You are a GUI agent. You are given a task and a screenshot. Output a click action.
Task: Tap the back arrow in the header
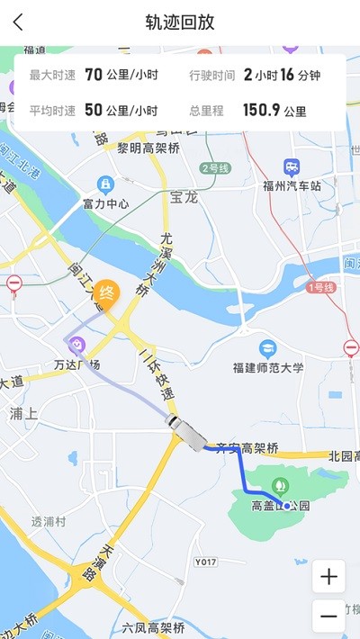click(19, 22)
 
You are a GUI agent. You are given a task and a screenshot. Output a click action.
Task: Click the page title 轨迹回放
click(180, 22)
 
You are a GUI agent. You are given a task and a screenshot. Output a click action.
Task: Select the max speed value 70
click(93, 76)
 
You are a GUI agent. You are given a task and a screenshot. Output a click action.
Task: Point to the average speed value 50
click(93, 111)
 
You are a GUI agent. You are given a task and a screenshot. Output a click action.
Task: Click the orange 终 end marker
click(106, 293)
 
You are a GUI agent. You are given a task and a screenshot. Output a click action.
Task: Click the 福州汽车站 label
click(291, 186)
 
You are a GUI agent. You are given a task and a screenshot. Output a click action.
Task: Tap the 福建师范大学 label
click(268, 367)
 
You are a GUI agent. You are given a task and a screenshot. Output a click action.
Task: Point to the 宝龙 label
click(183, 196)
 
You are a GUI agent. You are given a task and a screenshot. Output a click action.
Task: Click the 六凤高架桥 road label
click(154, 627)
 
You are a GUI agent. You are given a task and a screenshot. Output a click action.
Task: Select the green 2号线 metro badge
click(217, 167)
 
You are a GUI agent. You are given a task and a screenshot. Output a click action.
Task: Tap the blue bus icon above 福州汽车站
click(292, 167)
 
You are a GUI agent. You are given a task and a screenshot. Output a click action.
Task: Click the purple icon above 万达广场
click(77, 344)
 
